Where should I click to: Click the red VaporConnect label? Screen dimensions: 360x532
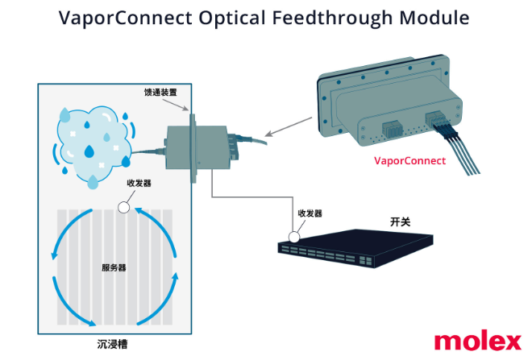[409, 160]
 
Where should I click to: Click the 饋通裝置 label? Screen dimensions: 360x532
[167, 93]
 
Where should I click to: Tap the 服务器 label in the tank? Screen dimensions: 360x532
[114, 267]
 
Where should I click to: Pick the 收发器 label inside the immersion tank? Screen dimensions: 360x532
[139, 183]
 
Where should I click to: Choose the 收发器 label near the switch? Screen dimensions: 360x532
[310, 213]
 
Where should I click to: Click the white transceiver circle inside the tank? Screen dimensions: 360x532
[123, 207]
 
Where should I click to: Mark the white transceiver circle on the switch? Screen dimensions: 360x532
[296, 237]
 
